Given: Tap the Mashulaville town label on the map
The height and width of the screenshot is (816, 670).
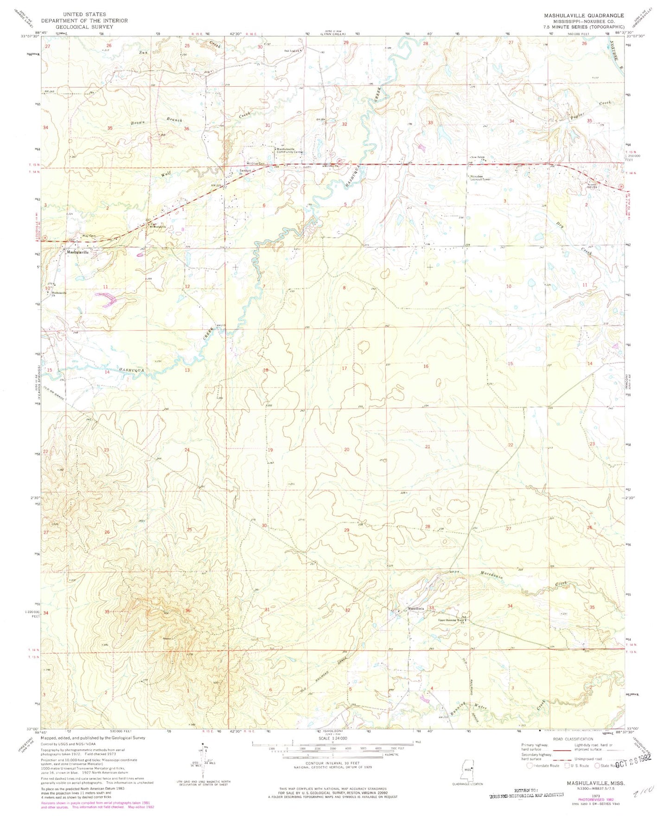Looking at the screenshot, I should click(x=77, y=252).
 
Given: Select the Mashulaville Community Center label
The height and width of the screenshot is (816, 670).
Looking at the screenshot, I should click(x=290, y=150).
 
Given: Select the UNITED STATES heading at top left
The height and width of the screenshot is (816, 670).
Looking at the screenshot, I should click(x=84, y=14).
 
